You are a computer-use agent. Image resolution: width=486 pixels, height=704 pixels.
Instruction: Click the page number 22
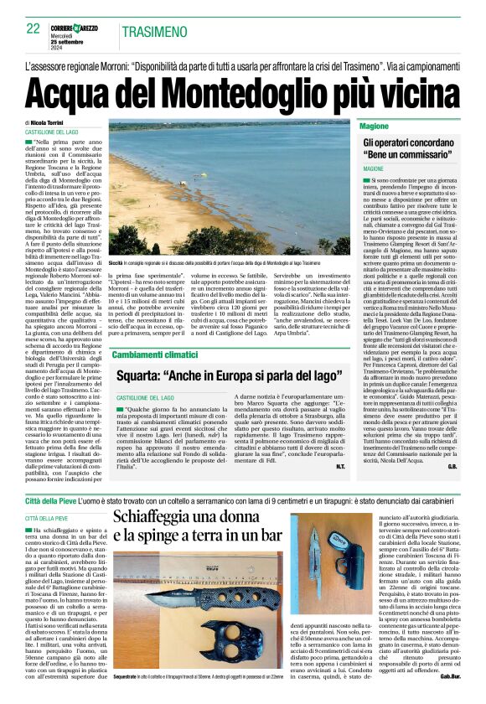tap(33, 28)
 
